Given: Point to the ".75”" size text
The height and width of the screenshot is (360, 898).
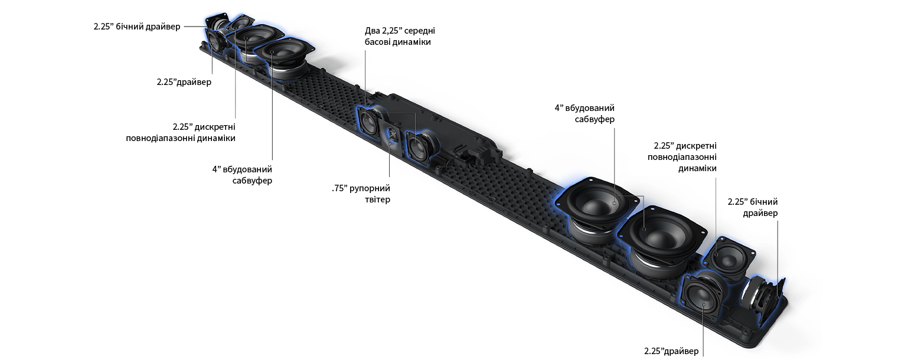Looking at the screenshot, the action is point(339,188).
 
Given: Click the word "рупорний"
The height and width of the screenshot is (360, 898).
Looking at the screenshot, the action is point(370,188).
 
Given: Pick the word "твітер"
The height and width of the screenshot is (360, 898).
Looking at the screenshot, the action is point(377,199).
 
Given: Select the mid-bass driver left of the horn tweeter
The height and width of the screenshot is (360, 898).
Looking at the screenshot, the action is point(368,120).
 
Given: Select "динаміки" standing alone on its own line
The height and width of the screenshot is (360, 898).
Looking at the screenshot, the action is point(697,168).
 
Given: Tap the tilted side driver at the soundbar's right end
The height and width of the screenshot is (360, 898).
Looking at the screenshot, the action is point(764,299).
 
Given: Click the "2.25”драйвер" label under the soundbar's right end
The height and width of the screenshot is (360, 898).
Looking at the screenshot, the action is point(671,351).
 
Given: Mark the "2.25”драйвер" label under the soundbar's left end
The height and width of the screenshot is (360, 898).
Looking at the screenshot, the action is point(184,82).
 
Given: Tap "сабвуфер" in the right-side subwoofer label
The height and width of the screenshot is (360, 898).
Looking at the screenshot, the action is point(595,119).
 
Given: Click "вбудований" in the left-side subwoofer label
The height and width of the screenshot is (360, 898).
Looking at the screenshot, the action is point(247,169).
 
